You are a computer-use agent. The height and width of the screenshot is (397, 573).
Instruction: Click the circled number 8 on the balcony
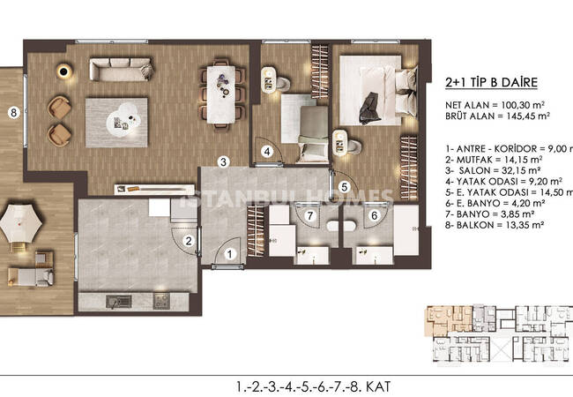[13, 112]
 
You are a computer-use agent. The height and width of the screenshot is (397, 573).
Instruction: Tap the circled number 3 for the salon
[224, 161]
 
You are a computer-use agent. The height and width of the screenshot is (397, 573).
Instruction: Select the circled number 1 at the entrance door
[230, 254]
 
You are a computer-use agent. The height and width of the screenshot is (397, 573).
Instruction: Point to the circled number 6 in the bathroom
[374, 215]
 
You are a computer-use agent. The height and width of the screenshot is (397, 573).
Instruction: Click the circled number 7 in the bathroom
[310, 215]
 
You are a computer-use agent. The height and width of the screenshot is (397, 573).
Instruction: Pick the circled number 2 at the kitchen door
[189, 241]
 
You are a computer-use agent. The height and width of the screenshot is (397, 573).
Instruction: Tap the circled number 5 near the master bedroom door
[344, 187]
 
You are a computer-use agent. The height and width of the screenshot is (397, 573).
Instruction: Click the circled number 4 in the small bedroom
[267, 152]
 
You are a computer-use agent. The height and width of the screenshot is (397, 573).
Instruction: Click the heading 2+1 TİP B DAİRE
[491, 82]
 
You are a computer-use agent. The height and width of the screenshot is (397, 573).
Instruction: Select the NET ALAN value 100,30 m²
[521, 105]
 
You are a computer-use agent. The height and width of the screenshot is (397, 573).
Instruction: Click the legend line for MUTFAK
[494, 160]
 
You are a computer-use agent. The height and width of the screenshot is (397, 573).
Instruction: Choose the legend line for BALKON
[494, 225]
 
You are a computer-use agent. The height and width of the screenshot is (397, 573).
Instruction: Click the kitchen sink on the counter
[119, 302]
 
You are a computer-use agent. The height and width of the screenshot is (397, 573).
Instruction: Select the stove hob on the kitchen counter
[161, 301]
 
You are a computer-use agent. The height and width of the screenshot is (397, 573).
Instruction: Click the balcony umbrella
[21, 223]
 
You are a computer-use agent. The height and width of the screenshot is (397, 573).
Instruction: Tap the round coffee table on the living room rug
[123, 118]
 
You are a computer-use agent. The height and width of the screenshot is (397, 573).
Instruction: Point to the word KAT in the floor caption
[378, 386]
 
